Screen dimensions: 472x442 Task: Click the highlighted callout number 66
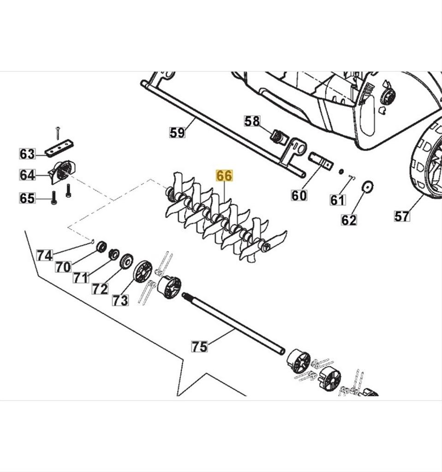[x=224, y=176]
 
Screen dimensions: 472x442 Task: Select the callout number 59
[x=177, y=133]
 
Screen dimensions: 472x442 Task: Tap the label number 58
[x=252, y=121]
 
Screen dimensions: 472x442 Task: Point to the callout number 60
[x=299, y=195]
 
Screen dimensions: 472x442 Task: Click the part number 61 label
[x=338, y=200]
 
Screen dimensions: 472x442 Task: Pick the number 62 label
[x=349, y=220]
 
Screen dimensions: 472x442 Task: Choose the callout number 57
[x=402, y=215]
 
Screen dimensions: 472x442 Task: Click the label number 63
[x=27, y=153]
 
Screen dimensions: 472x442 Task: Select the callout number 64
[x=27, y=175]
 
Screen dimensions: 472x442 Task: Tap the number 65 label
[x=27, y=198]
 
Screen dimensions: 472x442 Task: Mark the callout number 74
[x=45, y=255]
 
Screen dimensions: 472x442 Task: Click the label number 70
[x=64, y=266]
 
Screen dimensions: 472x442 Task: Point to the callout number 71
[x=81, y=277]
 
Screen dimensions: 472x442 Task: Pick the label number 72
[x=100, y=289]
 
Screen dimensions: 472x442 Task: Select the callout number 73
[x=120, y=300]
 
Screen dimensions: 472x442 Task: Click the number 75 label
[x=199, y=346]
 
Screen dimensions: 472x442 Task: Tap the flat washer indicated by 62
[x=368, y=187]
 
